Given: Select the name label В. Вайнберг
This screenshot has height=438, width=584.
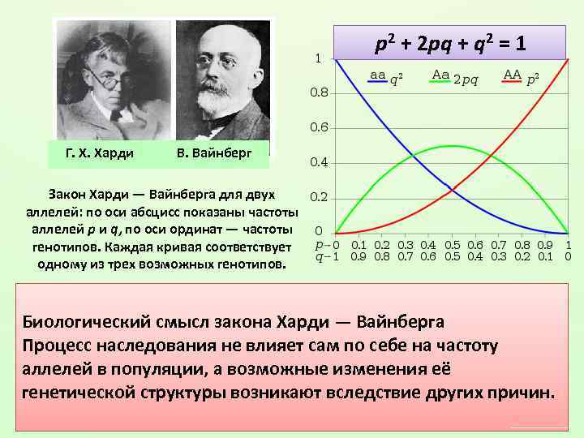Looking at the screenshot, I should [x=214, y=152].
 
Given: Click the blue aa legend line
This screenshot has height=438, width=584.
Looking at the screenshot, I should [x=377, y=84].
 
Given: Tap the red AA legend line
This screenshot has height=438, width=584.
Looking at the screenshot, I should [x=512, y=84].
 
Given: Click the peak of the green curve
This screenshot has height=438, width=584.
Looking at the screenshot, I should [x=452, y=146].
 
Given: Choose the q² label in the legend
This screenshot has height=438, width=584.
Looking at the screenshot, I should [x=397, y=79].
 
